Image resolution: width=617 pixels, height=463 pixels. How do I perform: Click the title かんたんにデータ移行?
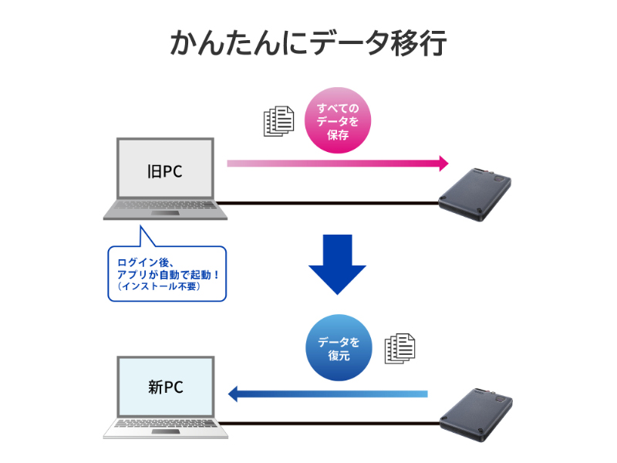[308, 44]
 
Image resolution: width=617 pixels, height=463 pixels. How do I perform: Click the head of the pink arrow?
[443, 164]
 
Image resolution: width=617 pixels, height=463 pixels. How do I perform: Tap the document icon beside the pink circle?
[279, 121]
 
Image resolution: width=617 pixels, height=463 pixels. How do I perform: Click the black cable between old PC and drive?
[332, 204]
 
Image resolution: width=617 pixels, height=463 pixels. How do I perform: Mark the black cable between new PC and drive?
[332, 423]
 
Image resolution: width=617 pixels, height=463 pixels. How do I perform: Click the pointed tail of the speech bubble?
[142, 235]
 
